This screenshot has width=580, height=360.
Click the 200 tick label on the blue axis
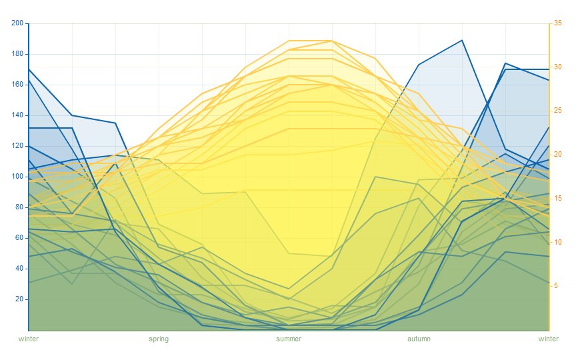[17, 23]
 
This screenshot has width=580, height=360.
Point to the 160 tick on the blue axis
[17, 85]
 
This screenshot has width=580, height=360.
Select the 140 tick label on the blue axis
[17, 115]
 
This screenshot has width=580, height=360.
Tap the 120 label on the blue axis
[17, 146]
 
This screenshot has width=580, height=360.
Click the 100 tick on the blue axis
[17, 177]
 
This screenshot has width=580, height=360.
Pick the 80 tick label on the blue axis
[19, 207]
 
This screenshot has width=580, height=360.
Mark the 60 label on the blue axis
[19, 238]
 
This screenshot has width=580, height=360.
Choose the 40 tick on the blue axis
[19, 269]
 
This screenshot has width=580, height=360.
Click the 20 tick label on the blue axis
[19, 299]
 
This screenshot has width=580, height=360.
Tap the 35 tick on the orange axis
[558, 23]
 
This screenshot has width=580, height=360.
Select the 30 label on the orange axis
[558, 67]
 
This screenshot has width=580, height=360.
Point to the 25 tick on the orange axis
[558, 111]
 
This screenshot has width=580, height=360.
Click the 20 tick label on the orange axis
[558, 155]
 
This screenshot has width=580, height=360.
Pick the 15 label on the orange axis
[558, 199]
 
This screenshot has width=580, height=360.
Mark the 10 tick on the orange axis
[558, 242]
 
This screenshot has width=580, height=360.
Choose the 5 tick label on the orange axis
[556, 286]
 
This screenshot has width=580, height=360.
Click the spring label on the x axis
[159, 339]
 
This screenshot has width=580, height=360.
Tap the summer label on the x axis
[289, 339]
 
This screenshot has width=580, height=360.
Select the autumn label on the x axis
[419, 339]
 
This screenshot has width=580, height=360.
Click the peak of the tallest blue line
[462, 40]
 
